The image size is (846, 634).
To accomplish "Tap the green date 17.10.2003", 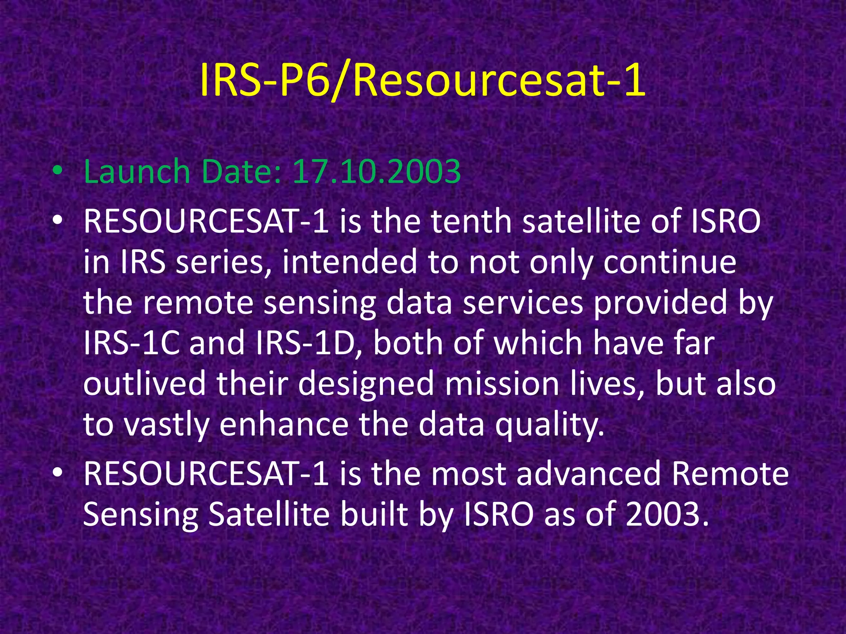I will point(376,171).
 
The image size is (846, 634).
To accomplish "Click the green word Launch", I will point(137,171).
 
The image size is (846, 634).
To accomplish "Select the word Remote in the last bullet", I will point(730,474).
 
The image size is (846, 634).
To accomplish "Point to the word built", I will point(374,515).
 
